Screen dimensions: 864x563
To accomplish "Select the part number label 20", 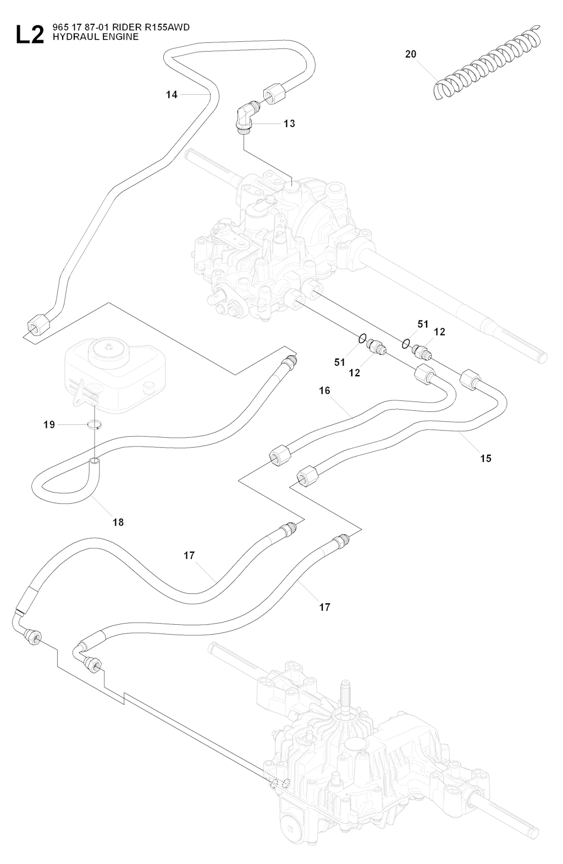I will tap(411, 54).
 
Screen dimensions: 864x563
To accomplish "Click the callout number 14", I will tap(172, 95).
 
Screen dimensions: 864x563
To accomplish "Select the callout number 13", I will tap(289, 124).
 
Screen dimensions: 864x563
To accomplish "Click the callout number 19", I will tap(49, 425).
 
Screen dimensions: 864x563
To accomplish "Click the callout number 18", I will tap(118, 522).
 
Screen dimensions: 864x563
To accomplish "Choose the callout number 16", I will tap(324, 390).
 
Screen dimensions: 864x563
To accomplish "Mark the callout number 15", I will tap(485, 458).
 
